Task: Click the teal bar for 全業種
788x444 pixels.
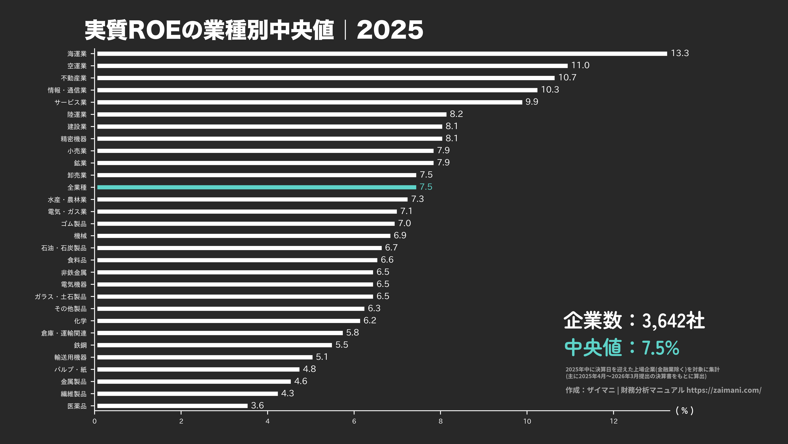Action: pyautogui.click(x=256, y=187)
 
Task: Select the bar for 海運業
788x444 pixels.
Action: pyautogui.click(x=382, y=54)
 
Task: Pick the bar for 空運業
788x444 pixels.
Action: pyautogui.click(x=332, y=66)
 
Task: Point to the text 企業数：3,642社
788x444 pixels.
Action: pyautogui.click(x=634, y=321)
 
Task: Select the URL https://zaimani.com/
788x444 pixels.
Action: pyautogui.click(x=724, y=390)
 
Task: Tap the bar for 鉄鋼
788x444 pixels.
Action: pyautogui.click(x=214, y=345)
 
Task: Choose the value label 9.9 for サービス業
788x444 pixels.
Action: pyautogui.click(x=531, y=102)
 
